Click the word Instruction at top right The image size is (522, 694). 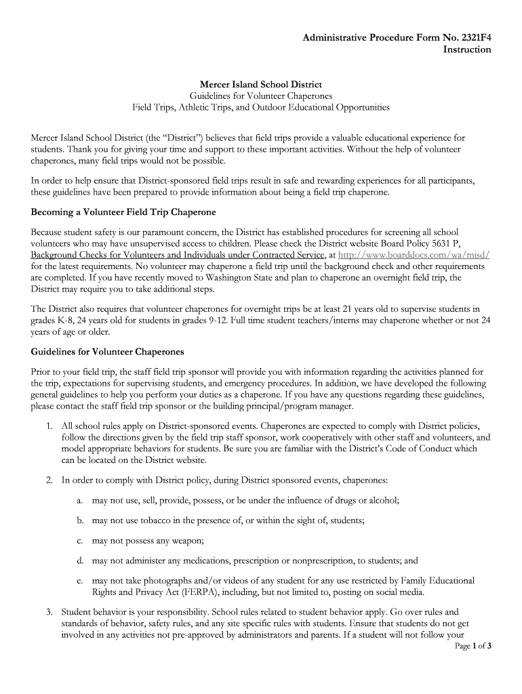click(467, 49)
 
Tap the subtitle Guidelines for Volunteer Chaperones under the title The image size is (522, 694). click(260, 96)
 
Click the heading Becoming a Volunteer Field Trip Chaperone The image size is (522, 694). click(123, 212)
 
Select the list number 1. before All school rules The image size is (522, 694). click(49, 426)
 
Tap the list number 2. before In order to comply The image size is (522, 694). click(49, 481)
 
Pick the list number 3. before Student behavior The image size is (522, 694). click(49, 611)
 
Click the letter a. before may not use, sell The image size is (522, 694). click(80, 500)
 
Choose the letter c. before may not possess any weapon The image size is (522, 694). click(80, 541)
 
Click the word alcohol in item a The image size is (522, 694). click(383, 500)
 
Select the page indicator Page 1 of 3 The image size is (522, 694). click(473, 646)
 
